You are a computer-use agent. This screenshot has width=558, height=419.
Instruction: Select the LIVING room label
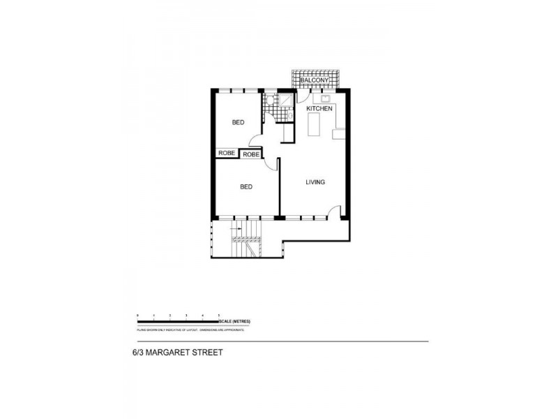(315, 182)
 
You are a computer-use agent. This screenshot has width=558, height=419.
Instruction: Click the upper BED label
(238, 123)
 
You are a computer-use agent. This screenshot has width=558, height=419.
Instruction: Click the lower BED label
(246, 186)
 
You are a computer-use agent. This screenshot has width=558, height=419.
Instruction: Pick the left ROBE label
(226, 153)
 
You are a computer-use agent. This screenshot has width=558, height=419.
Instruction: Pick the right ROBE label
(251, 154)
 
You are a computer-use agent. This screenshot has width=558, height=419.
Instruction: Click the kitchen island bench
(314, 126)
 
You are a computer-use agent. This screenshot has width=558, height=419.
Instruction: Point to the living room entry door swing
(335, 210)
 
